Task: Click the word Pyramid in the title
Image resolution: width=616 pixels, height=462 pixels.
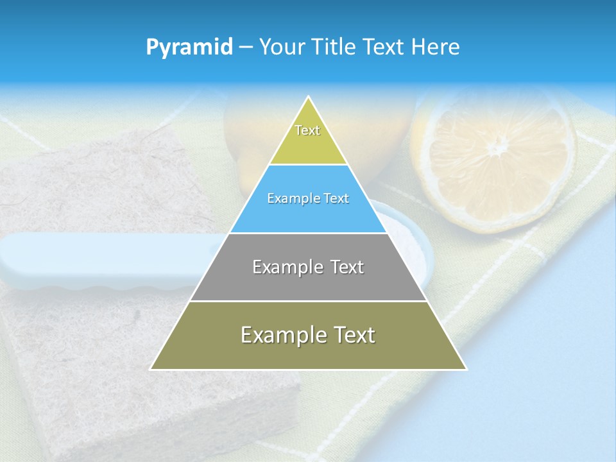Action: click(189, 47)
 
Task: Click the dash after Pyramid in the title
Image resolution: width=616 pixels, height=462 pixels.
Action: click(245, 48)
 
